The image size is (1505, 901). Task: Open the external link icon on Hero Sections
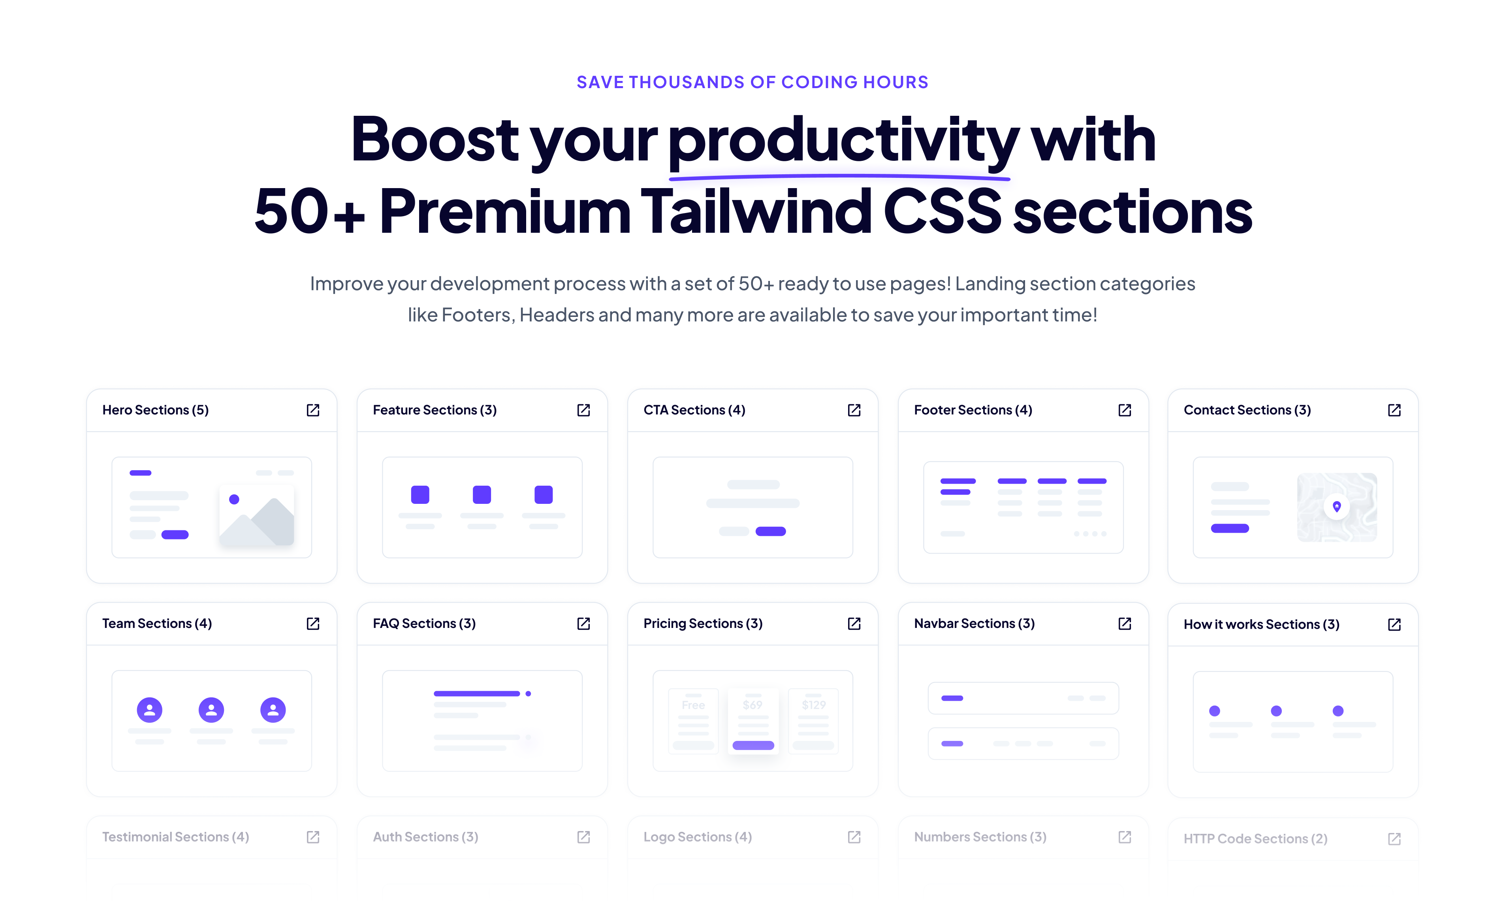coord(313,411)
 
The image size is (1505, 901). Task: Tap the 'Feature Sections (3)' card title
coord(435,411)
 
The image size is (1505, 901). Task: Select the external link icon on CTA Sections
coord(854,411)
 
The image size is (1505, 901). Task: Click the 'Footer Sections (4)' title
coord(973,411)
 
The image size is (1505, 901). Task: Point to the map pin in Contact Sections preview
coord(1336,506)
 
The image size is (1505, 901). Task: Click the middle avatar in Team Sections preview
coord(211,710)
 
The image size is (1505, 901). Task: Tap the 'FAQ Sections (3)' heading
coord(424,624)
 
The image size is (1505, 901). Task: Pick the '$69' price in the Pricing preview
coord(752,705)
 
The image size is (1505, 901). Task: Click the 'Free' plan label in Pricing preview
coord(693,705)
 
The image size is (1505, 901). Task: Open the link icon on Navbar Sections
coord(1125,624)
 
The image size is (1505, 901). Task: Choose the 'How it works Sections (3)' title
coord(1261,625)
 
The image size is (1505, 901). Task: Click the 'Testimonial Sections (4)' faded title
coord(175,837)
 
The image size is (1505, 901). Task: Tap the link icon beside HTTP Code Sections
coord(1394,839)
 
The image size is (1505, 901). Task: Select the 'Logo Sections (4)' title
coord(697,837)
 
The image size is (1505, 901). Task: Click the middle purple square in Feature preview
coord(482,495)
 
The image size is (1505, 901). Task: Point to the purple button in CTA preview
coord(771,531)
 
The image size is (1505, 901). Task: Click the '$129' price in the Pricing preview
coord(813,705)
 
